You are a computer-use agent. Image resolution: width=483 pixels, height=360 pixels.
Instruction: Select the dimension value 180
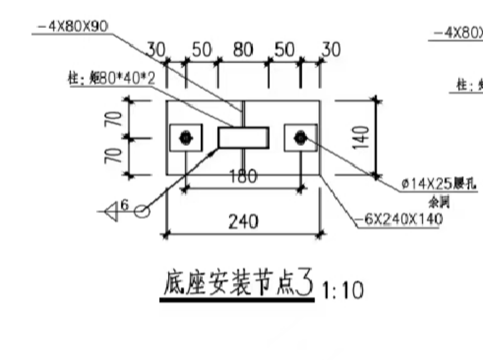coord(243,177)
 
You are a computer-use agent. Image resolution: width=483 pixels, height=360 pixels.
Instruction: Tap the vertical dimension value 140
coord(363,137)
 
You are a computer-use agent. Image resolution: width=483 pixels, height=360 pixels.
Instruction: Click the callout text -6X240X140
coord(399,219)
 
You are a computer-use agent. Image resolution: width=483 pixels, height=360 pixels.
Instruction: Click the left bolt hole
coord(185,138)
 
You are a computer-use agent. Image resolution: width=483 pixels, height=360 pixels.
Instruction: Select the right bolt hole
coord(301,138)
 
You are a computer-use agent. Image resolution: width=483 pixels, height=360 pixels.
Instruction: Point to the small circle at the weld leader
coord(142,212)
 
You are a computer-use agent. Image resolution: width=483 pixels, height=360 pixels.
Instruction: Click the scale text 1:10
coord(342,291)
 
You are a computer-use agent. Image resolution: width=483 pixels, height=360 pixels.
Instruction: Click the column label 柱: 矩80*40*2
coord(112,79)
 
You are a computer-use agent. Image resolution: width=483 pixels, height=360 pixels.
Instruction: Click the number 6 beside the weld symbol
coord(124,205)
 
